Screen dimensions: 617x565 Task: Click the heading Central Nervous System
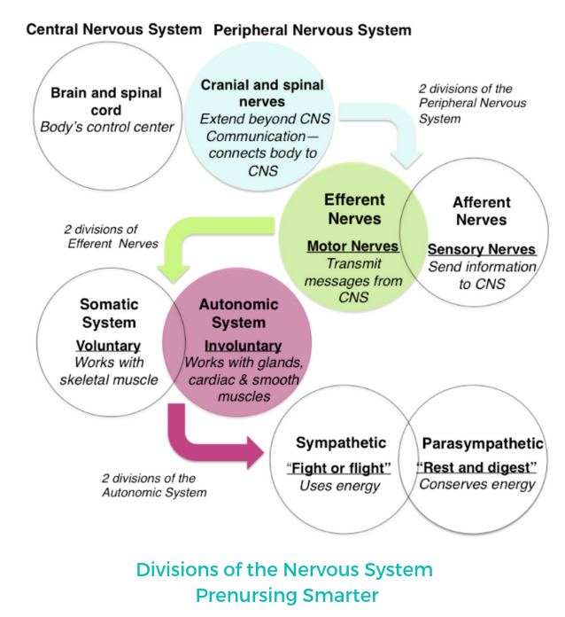pos(113,29)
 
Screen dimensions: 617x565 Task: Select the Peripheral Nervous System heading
pos(312,30)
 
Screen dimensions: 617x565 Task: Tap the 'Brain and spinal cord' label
pos(106,102)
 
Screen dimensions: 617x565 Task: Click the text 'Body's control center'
pos(106,127)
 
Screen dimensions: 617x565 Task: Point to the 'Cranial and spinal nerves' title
pos(262,94)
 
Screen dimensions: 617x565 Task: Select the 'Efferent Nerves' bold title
pos(354,209)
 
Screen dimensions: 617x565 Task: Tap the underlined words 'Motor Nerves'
pos(352,246)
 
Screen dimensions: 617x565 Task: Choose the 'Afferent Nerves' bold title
pos(481,211)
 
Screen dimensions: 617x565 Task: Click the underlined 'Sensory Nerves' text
pos(482,249)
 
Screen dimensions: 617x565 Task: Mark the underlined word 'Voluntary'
pos(109,346)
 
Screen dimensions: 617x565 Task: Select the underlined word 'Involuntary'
pos(243,346)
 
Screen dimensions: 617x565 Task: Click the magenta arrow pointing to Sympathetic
pos(213,438)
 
